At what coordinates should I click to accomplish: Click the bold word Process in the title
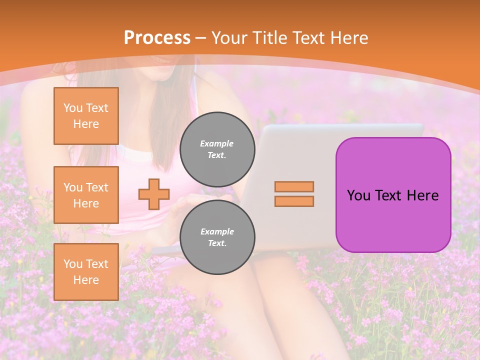[157, 37]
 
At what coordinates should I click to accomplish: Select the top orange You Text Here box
[86, 116]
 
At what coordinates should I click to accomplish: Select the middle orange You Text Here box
[86, 195]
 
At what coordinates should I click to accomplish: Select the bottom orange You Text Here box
[86, 272]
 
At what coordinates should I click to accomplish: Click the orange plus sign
[154, 194]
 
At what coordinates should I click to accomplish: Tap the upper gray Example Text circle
[217, 149]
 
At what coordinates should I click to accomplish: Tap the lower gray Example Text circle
[217, 237]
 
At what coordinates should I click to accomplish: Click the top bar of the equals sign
[294, 186]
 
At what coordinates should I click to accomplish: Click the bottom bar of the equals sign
[294, 201]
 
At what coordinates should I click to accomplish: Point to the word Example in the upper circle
[217, 143]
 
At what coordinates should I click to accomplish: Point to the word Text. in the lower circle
[217, 243]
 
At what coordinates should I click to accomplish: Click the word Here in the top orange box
[86, 124]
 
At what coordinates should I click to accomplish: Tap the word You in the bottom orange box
[73, 264]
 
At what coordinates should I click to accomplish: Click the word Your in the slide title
[230, 38]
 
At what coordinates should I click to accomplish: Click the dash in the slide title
[201, 38]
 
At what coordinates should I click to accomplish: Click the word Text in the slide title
[307, 37]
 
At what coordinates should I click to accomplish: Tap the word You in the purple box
[358, 195]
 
